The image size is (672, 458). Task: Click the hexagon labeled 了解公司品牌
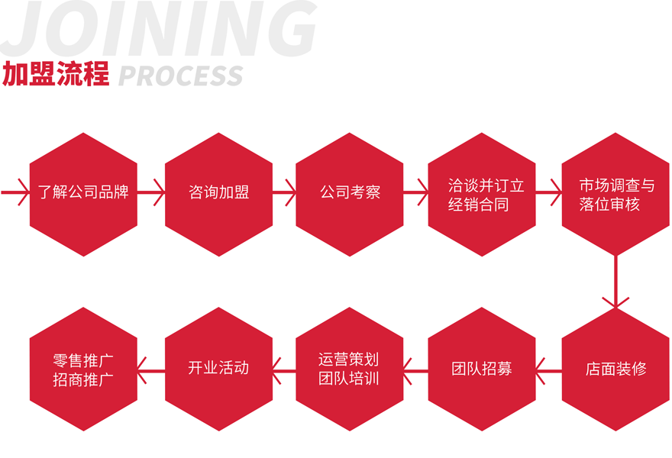click(x=83, y=193)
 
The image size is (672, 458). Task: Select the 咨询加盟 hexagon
click(x=218, y=193)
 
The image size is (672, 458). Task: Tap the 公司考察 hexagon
click(x=350, y=193)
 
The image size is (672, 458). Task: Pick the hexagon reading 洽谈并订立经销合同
click(x=482, y=193)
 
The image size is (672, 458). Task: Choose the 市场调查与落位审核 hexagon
click(x=615, y=193)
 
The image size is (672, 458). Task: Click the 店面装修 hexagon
click(x=615, y=369)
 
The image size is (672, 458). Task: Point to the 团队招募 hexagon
click(x=482, y=369)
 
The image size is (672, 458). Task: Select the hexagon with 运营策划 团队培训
click(x=350, y=369)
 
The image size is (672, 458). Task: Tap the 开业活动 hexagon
click(x=218, y=369)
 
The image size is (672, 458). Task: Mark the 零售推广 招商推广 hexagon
click(x=83, y=369)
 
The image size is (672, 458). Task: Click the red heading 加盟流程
click(x=56, y=75)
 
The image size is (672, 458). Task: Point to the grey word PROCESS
click(x=181, y=76)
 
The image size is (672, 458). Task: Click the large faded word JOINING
click(x=160, y=29)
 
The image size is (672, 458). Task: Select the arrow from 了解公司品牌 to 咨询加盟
click(x=151, y=193)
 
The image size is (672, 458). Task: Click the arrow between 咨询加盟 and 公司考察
click(x=284, y=193)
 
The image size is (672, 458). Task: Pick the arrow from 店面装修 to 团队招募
click(x=548, y=369)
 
